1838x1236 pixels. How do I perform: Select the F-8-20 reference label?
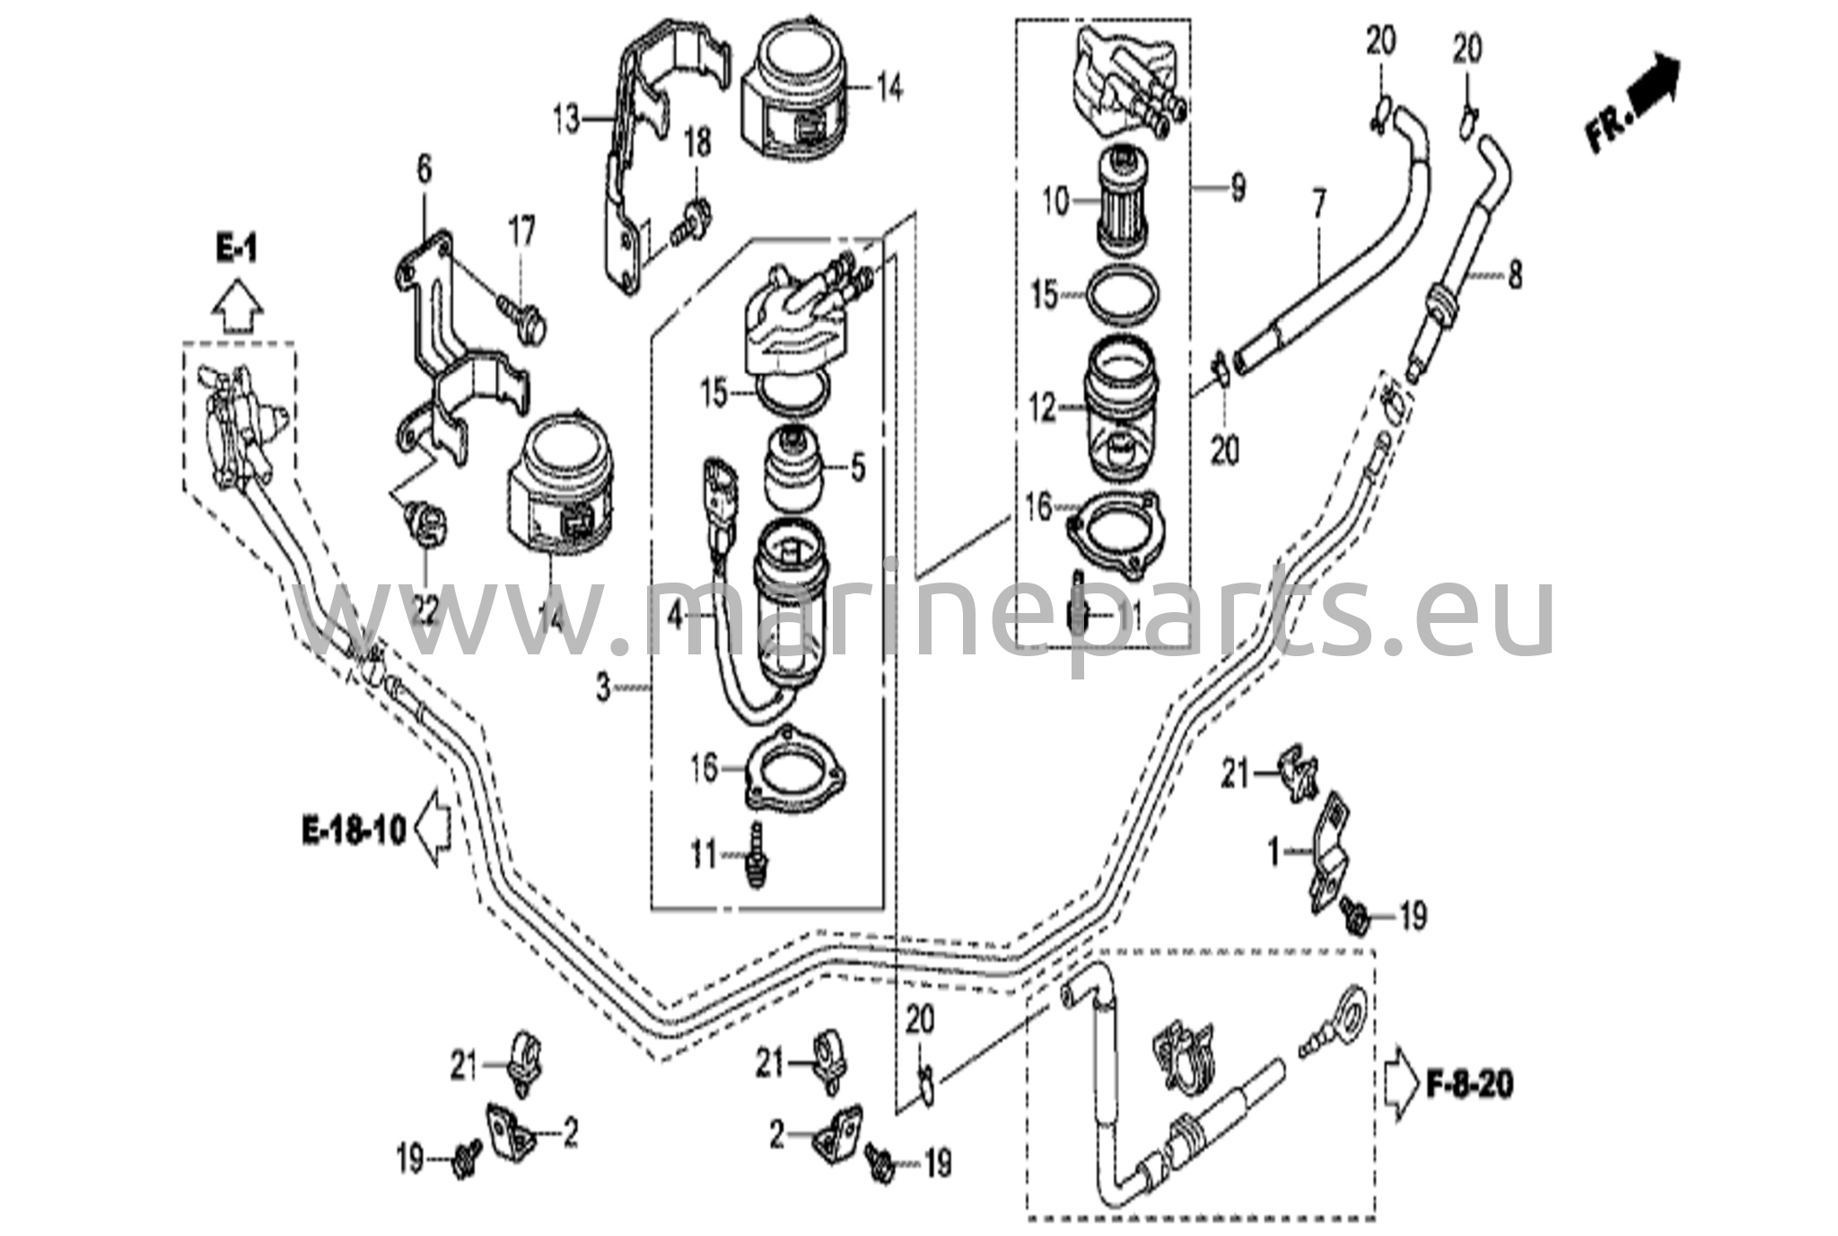point(1468,1084)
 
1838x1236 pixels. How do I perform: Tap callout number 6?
point(424,168)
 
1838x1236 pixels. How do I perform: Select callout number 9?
point(1238,188)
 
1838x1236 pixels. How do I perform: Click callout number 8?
point(1515,275)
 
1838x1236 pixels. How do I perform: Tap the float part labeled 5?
point(792,468)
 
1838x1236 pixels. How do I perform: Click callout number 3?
point(604,688)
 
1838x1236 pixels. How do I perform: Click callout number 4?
point(675,617)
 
